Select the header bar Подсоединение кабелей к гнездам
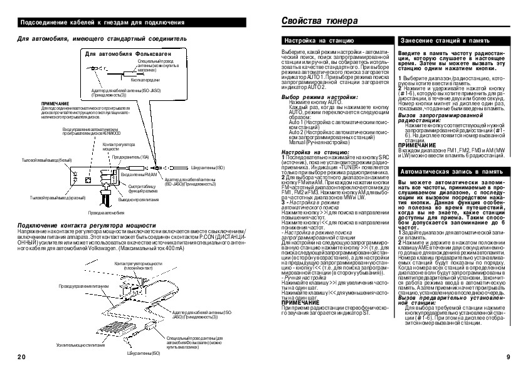[103, 23]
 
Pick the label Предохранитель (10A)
[130, 157]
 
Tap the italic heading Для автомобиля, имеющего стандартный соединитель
[102, 39]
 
